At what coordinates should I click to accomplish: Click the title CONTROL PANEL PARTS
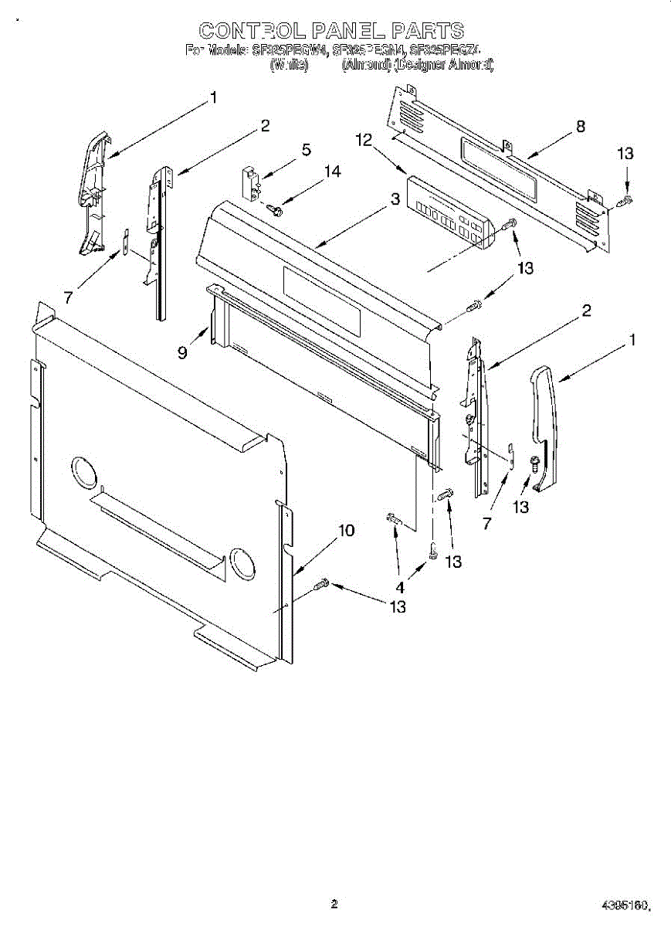(331, 31)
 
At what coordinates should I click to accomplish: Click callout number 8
(581, 127)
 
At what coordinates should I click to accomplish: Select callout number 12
(364, 140)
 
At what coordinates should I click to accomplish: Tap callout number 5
(307, 150)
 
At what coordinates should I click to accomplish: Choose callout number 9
(182, 352)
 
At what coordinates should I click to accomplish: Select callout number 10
(347, 531)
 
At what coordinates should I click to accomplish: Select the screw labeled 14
(274, 208)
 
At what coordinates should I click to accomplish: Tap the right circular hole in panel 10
(243, 564)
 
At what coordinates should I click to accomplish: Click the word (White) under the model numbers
(289, 66)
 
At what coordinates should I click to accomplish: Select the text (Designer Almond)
(443, 66)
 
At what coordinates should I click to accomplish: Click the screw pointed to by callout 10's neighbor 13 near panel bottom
(322, 585)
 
